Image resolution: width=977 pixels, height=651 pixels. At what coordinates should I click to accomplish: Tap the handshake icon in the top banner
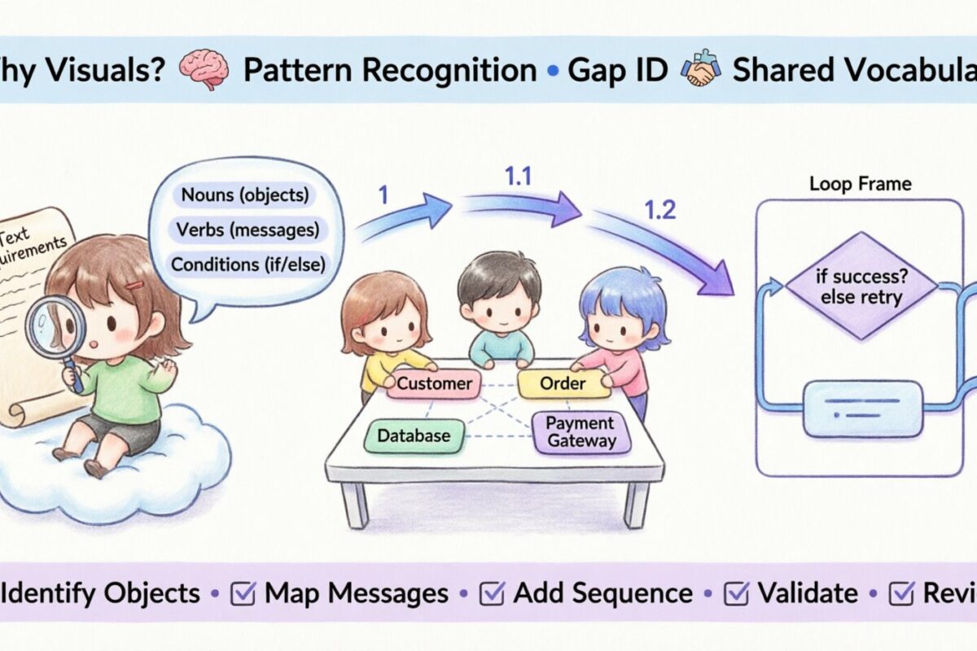pyautogui.click(x=700, y=70)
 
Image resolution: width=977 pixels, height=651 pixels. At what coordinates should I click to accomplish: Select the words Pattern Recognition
pyautogui.click(x=390, y=71)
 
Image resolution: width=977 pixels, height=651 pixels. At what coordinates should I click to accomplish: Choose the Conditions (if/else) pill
pyautogui.click(x=246, y=264)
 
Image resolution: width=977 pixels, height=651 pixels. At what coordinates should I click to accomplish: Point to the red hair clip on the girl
pyautogui.click(x=134, y=285)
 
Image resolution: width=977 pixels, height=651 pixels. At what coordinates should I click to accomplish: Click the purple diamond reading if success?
pyautogui.click(x=861, y=286)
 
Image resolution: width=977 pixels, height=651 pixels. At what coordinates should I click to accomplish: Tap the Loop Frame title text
pyautogui.click(x=860, y=184)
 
